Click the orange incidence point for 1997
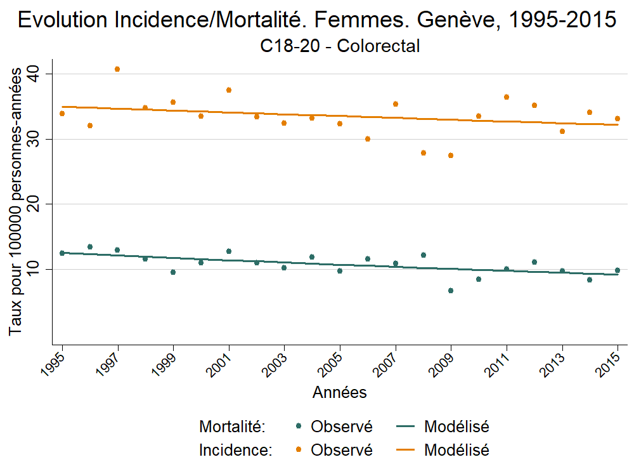tap(117, 69)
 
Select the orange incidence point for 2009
tap(451, 155)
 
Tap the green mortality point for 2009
tap(451, 291)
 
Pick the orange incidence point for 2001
tap(229, 90)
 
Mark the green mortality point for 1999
tap(173, 272)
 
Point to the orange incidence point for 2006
tap(368, 139)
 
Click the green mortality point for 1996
tap(90, 247)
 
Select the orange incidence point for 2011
tap(507, 97)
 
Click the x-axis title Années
tap(339, 393)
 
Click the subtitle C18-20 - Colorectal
tap(340, 46)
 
